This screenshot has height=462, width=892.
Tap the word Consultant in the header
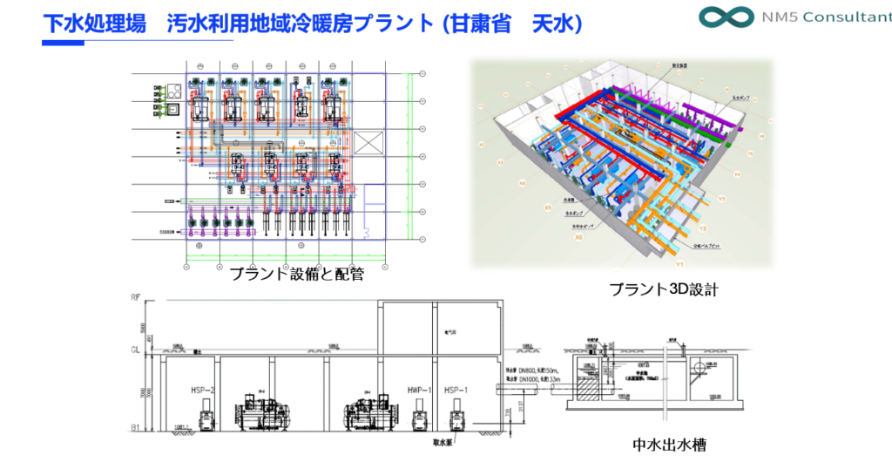(837, 18)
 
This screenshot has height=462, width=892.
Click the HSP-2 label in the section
(203, 390)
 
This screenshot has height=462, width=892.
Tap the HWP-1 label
(419, 390)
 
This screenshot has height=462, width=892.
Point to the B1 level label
(135, 428)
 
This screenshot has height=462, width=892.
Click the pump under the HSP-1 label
(455, 416)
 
